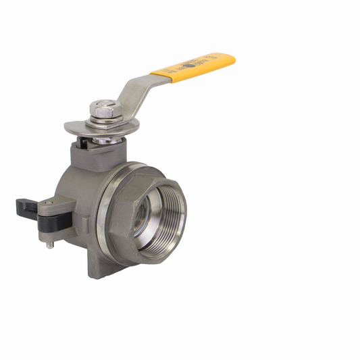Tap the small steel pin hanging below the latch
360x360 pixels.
click(x=49, y=244)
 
